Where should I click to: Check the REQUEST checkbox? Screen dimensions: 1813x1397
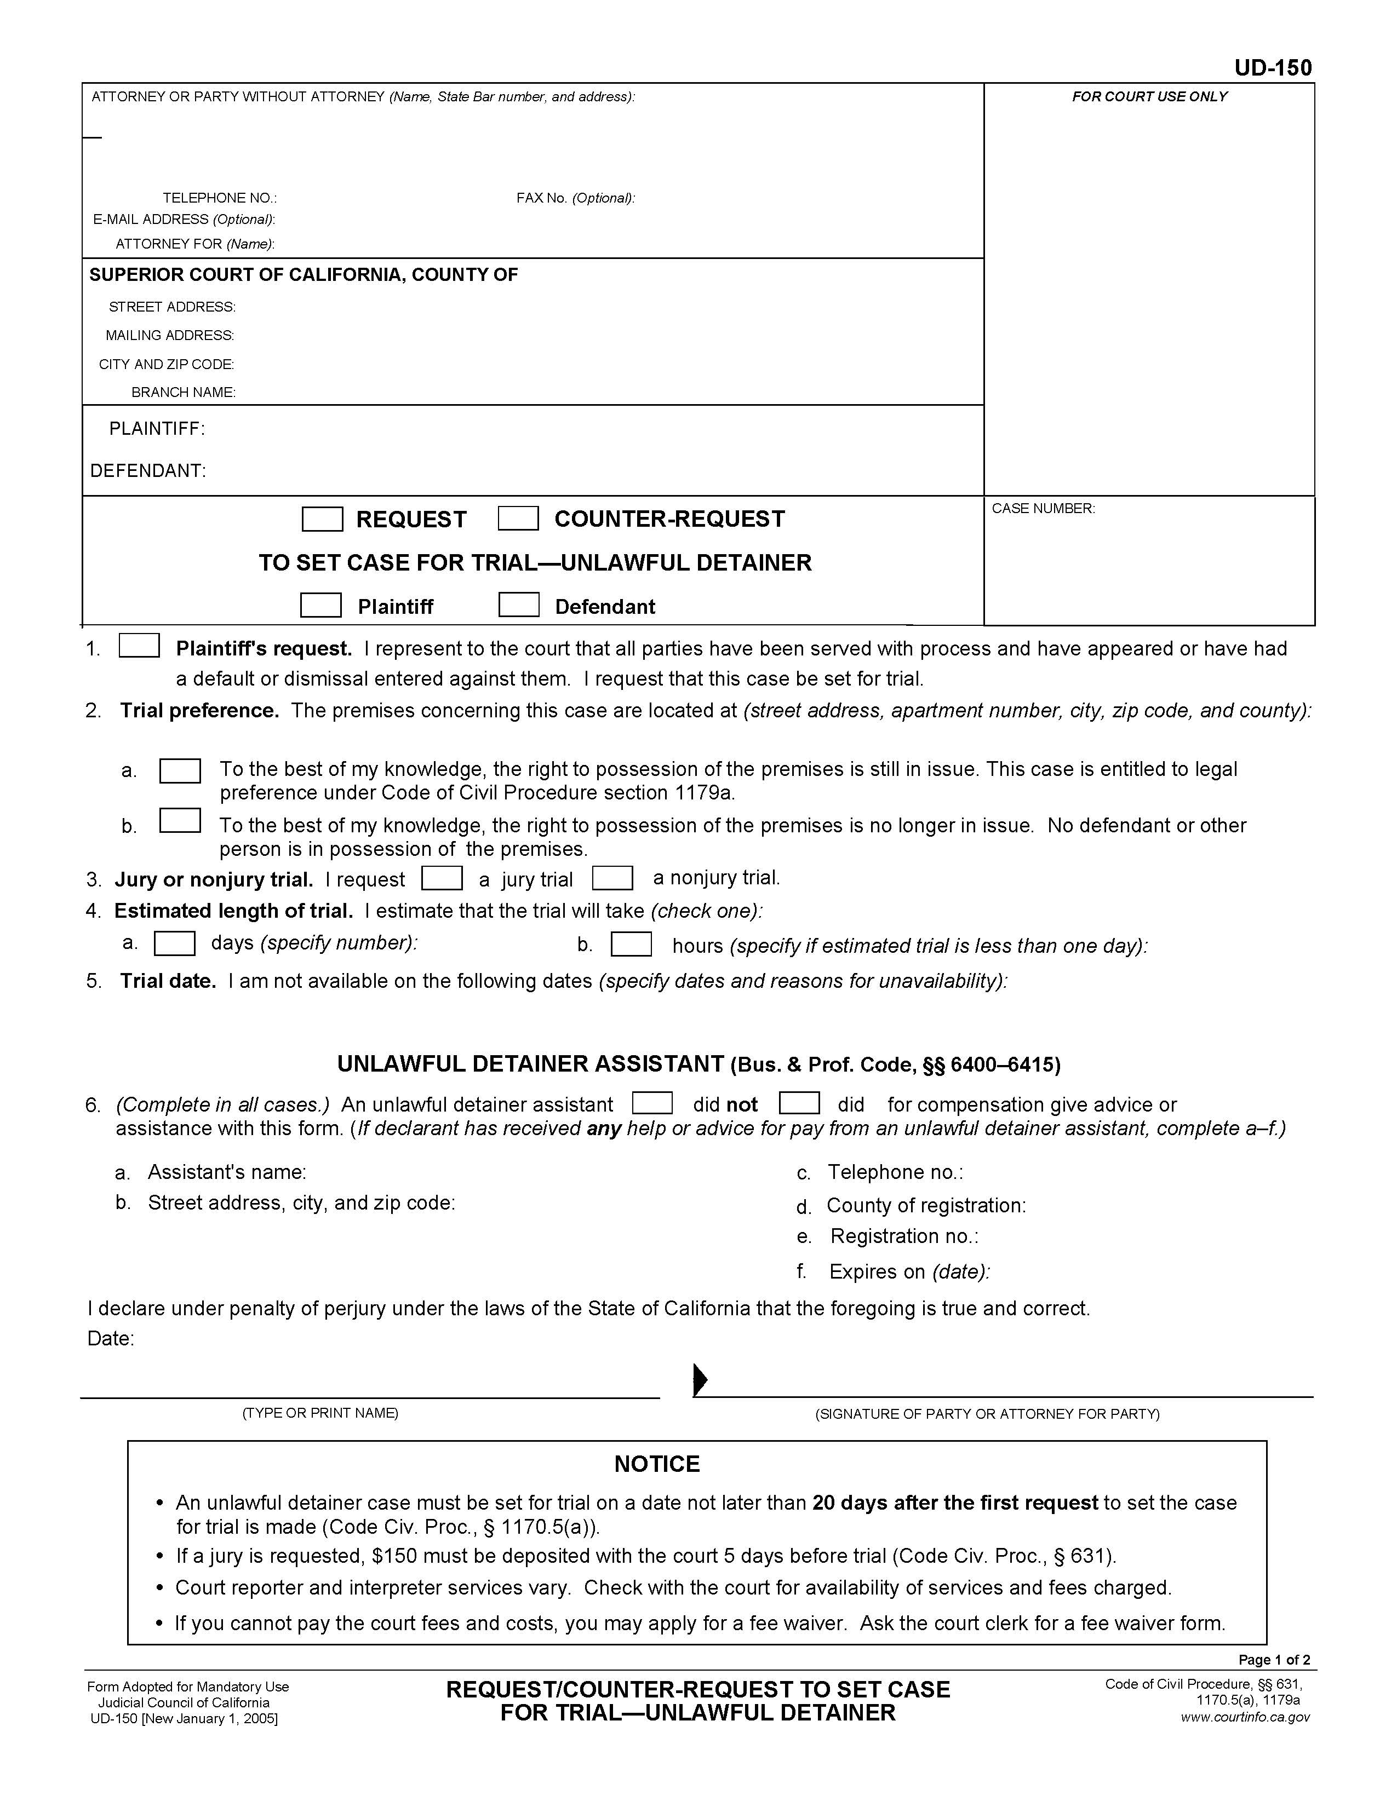pyautogui.click(x=322, y=519)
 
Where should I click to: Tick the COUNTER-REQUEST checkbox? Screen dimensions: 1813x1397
pyautogui.click(x=518, y=518)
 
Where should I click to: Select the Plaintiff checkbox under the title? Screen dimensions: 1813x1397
pyautogui.click(x=320, y=605)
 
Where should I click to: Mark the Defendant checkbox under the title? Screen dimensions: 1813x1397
pyautogui.click(x=518, y=605)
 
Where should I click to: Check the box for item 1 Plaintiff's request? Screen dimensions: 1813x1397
pyautogui.click(x=139, y=646)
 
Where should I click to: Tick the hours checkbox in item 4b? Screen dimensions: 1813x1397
pyautogui.click(x=631, y=945)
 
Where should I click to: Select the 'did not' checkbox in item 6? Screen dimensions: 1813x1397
pyautogui.click(x=652, y=1102)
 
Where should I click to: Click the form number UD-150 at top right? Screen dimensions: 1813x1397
pyautogui.click(x=1273, y=68)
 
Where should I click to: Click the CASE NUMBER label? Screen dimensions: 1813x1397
pyautogui.click(x=1043, y=508)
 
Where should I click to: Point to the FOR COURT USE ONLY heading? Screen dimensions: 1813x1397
pyautogui.click(x=1149, y=97)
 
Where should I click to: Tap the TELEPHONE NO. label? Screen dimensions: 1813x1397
pyautogui.click(x=219, y=198)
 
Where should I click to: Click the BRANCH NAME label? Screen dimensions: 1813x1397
pyautogui.click(x=184, y=393)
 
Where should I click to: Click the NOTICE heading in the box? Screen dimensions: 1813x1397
pyautogui.click(x=656, y=1464)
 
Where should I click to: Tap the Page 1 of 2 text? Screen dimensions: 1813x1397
pyautogui.click(x=1273, y=1660)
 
